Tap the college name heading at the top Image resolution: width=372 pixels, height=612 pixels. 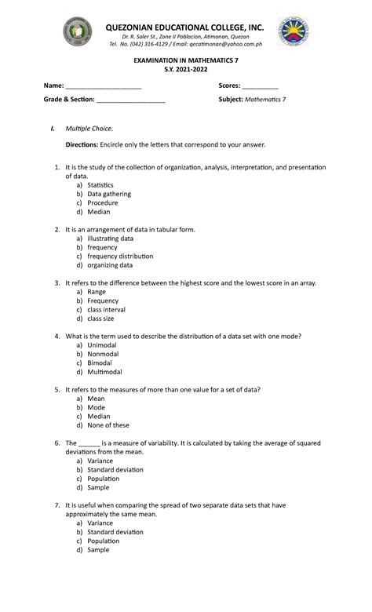185,28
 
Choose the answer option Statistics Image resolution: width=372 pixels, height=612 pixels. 100,185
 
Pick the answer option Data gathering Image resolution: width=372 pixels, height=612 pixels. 109,194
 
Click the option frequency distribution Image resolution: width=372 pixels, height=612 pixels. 120,256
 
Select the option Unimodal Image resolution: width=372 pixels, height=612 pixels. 102,345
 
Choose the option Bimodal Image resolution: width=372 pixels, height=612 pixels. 101,363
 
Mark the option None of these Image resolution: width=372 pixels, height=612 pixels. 108,425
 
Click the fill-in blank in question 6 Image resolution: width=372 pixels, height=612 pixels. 89,443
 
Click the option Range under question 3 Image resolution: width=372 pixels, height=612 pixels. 97,292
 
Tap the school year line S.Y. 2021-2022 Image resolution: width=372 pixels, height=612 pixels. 185,71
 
